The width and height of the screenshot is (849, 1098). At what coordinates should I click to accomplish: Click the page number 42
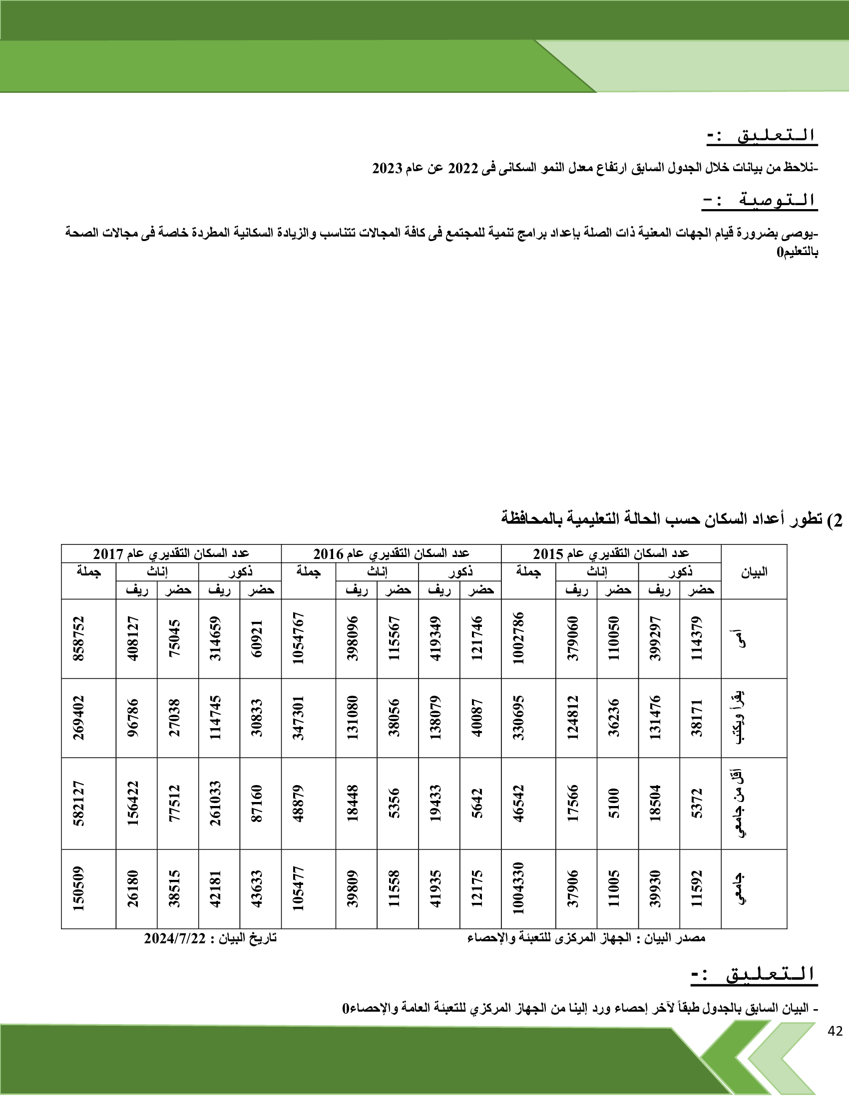[x=835, y=1031]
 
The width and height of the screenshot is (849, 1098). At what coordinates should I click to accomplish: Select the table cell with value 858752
[x=79, y=638]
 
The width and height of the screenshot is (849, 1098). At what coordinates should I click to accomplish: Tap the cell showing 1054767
[x=299, y=638]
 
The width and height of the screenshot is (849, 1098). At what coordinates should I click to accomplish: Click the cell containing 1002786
[x=518, y=638]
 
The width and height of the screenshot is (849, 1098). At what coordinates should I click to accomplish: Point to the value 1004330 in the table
[x=518, y=888]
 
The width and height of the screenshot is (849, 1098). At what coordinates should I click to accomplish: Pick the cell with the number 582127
[x=79, y=804]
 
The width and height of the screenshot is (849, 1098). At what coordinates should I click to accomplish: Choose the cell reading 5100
[x=614, y=804]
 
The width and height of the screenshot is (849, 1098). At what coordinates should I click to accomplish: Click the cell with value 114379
[x=697, y=638]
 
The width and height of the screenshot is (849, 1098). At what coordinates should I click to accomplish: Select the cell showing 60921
[x=257, y=638]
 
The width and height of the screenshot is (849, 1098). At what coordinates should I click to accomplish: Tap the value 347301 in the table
[x=299, y=718]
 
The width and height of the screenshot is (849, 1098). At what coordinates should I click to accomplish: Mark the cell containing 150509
[x=79, y=888]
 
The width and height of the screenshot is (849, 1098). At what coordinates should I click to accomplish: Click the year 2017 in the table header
[x=108, y=554]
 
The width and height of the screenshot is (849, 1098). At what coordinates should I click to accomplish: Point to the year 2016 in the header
[x=328, y=554]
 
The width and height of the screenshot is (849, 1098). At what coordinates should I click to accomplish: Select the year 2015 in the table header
[x=548, y=554]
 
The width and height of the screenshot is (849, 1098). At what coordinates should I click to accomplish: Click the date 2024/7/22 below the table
[x=175, y=939]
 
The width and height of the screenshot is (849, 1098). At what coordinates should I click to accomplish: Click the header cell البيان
[x=754, y=571]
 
